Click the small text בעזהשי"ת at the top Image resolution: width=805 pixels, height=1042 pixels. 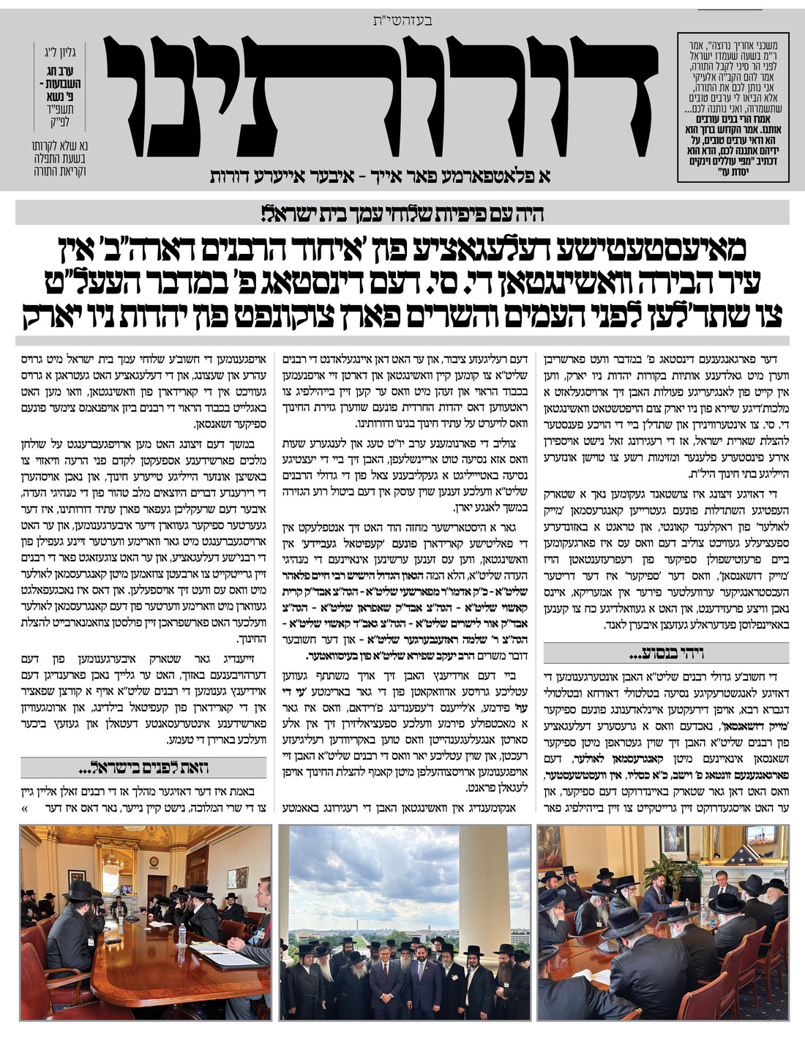pos(402,20)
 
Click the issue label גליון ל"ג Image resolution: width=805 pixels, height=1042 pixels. pos(60,53)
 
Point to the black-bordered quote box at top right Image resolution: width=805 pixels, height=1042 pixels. pos(733,107)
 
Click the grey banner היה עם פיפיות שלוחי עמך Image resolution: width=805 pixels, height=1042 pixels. pos(402,214)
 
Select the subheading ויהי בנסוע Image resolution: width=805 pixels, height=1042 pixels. pos(664,653)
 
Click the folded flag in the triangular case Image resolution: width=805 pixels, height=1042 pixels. pos(741,855)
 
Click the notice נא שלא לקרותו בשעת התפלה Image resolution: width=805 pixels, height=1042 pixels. pos(60,158)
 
